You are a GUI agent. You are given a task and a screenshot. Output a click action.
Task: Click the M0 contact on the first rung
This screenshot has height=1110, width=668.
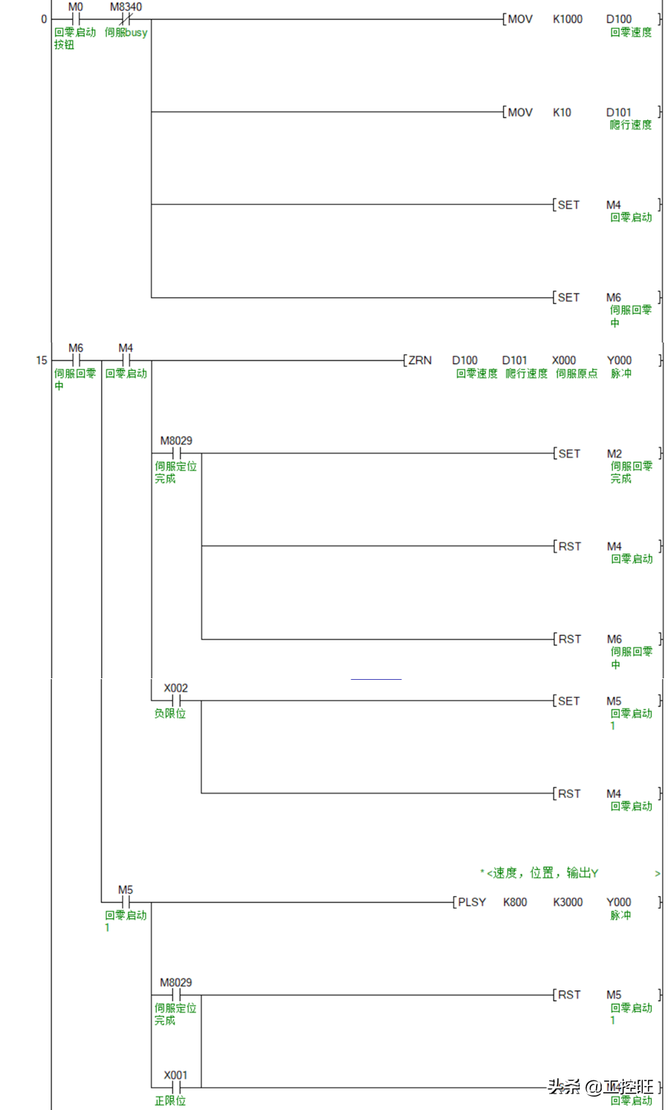pyautogui.click(x=75, y=19)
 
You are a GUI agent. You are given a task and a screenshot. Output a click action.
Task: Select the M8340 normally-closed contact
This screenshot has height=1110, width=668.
pyautogui.click(x=126, y=19)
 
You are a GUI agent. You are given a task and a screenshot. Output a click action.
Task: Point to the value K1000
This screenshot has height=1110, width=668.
pyautogui.click(x=567, y=19)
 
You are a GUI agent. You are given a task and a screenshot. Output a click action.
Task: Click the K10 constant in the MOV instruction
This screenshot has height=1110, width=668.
pyautogui.click(x=562, y=112)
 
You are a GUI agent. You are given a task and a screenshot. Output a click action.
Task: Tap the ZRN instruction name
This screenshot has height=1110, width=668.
pyautogui.click(x=420, y=360)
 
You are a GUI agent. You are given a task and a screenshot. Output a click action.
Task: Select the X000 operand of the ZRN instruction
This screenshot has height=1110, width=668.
pyautogui.click(x=563, y=360)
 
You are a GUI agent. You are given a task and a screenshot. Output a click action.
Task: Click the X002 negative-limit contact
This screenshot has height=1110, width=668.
pyautogui.click(x=176, y=700)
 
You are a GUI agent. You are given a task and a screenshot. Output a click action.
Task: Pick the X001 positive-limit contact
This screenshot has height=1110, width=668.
pyautogui.click(x=176, y=1087)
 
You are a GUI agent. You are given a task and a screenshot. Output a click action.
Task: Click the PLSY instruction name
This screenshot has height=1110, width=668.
pyautogui.click(x=472, y=902)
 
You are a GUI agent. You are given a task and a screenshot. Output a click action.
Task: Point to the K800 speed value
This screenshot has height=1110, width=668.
pyautogui.click(x=515, y=902)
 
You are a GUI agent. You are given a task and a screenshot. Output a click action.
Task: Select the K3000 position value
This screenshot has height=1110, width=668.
pyautogui.click(x=568, y=902)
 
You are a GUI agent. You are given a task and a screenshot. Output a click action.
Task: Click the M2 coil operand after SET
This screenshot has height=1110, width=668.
pyautogui.click(x=614, y=453)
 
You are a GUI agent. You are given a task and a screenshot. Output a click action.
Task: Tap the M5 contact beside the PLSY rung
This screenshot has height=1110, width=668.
pyautogui.click(x=126, y=902)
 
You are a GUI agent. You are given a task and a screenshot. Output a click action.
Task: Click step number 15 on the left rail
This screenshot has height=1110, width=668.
pyautogui.click(x=42, y=360)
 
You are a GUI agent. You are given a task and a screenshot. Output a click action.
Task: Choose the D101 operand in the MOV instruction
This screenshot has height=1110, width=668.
pyautogui.click(x=618, y=112)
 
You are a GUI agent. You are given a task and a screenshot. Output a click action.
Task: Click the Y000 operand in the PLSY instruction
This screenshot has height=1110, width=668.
pyautogui.click(x=618, y=902)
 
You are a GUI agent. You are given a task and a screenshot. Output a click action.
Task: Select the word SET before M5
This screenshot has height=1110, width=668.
pyautogui.click(x=568, y=701)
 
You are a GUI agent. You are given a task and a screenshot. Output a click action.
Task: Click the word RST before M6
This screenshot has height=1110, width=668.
pyautogui.click(x=570, y=639)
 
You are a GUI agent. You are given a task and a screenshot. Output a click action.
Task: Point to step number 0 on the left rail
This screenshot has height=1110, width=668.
pyautogui.click(x=44, y=19)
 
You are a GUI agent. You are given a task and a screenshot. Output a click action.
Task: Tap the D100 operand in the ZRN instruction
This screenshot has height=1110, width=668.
pyautogui.click(x=464, y=360)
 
